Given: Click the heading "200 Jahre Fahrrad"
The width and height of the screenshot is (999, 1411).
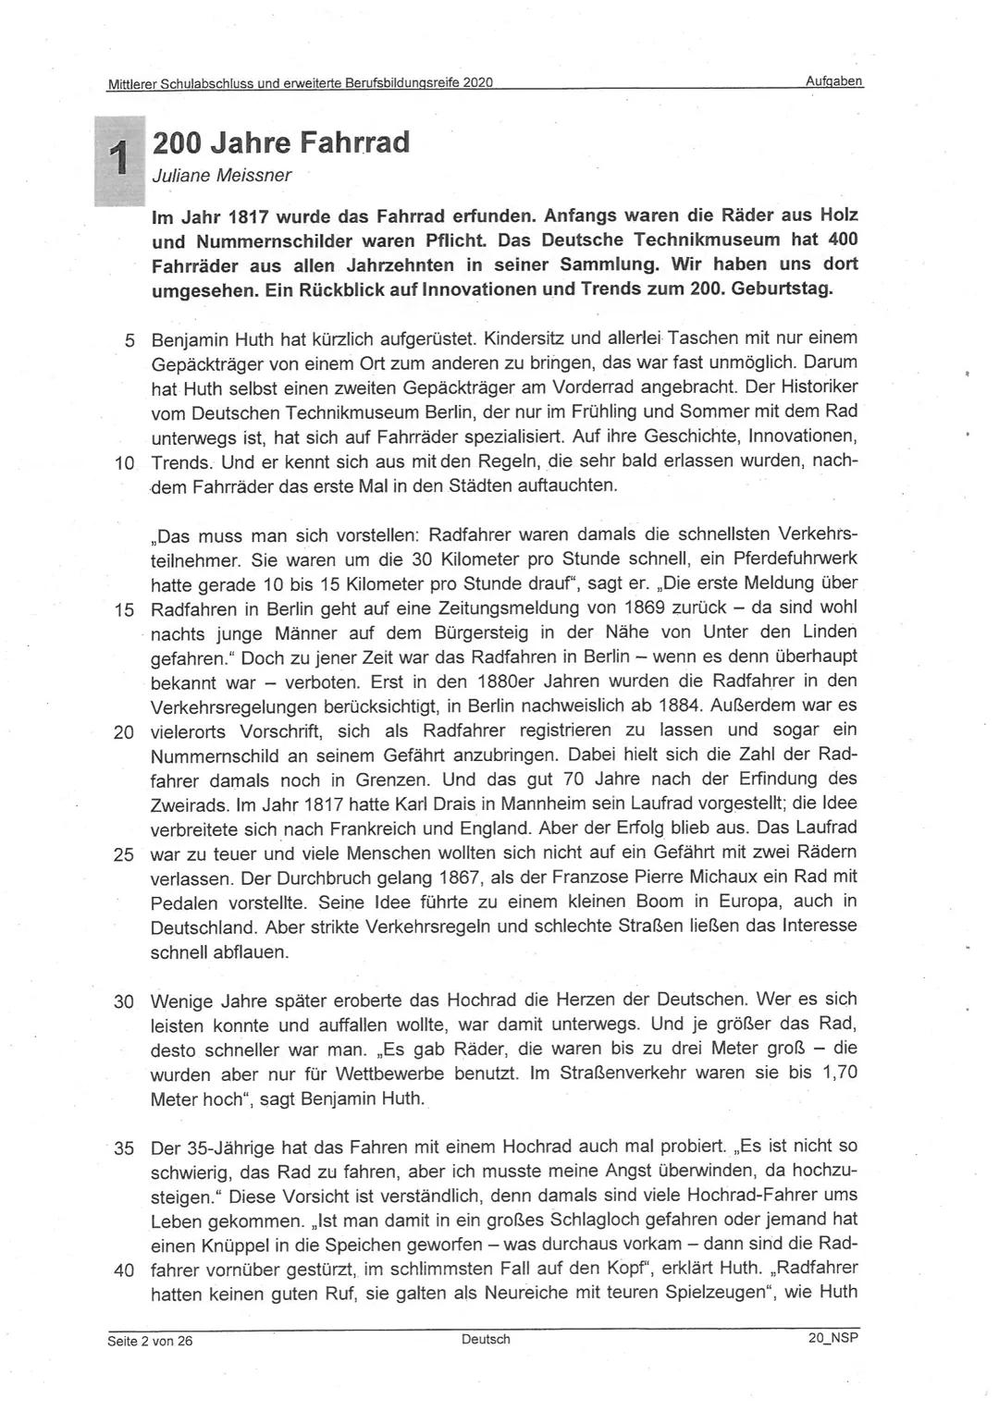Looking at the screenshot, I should click(279, 143).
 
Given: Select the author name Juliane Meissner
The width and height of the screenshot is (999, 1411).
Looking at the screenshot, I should click(221, 175).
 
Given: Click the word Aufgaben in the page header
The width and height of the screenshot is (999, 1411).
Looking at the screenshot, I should click(833, 81).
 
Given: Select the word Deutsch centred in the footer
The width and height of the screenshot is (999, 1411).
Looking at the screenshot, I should click(486, 1340).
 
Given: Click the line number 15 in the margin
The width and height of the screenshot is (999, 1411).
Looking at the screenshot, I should click(124, 609).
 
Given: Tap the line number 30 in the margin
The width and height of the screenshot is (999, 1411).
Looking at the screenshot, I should click(124, 1001).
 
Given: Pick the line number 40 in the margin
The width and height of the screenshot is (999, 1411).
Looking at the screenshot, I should click(124, 1270).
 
